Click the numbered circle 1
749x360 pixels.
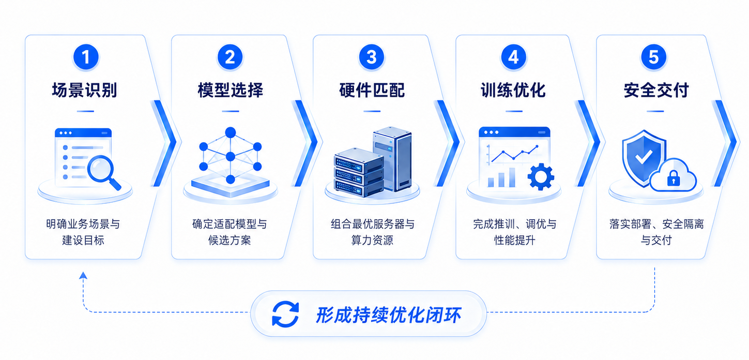click(x=86, y=57)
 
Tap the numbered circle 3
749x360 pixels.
click(x=372, y=57)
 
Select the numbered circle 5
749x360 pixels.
click(x=654, y=57)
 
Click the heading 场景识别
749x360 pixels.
click(x=85, y=90)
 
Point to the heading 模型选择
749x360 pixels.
click(x=231, y=90)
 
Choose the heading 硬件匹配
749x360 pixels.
click(x=372, y=90)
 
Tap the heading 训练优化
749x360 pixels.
click(x=513, y=90)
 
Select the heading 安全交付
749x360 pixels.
click(x=656, y=90)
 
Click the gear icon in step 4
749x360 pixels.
click(x=541, y=177)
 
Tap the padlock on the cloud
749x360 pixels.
click(x=674, y=178)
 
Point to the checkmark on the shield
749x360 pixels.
click(x=644, y=157)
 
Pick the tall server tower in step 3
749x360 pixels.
click(x=393, y=158)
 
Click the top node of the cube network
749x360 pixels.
click(x=231, y=132)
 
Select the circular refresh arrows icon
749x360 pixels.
click(x=285, y=314)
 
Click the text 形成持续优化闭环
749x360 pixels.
click(x=388, y=315)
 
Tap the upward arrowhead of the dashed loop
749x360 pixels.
click(x=83, y=275)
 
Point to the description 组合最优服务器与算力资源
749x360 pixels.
click(x=372, y=232)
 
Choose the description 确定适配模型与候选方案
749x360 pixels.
click(x=230, y=232)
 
